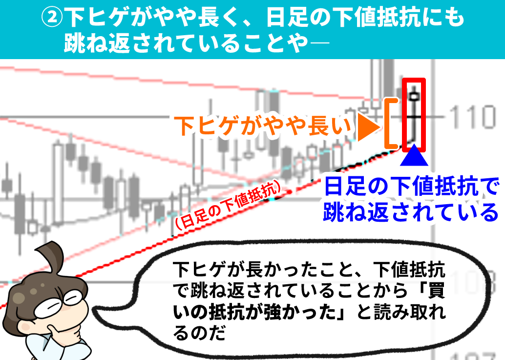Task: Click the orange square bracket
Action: click(x=392, y=123)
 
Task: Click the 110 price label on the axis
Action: click(x=472, y=116)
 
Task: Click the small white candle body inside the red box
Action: click(x=414, y=96)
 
